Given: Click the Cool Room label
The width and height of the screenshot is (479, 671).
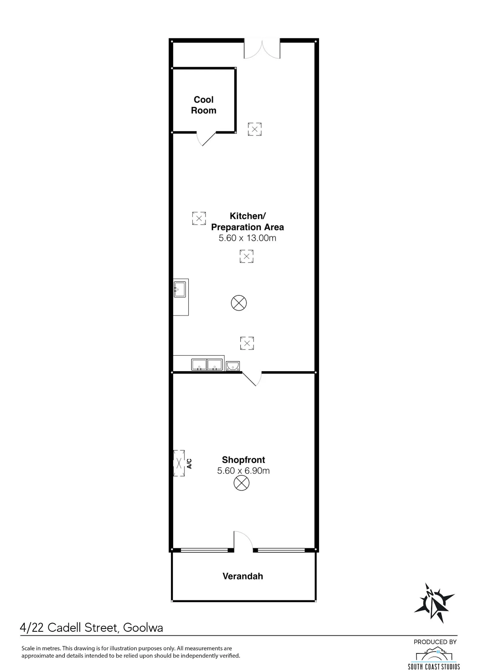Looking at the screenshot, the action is tap(204, 105).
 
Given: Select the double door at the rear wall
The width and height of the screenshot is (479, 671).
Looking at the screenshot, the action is tap(262, 50).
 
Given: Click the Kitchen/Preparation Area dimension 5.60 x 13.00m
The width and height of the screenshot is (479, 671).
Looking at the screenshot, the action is tap(247, 238).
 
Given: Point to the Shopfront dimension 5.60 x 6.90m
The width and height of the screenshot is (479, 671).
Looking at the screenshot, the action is tap(243, 471).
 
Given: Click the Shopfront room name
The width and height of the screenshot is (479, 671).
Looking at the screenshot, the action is tap(243, 460).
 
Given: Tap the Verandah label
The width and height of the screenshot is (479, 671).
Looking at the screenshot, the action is tap(243, 576).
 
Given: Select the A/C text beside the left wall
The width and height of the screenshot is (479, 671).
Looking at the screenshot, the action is tap(189, 464).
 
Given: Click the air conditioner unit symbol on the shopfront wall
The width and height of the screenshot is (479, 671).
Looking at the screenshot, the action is tap(179, 463).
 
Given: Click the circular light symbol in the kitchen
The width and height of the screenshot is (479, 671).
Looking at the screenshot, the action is tap(239, 303).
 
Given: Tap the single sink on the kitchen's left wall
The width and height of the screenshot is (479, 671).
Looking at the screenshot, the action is tap(179, 289).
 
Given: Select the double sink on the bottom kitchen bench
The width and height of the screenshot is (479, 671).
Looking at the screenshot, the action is tap(207, 365).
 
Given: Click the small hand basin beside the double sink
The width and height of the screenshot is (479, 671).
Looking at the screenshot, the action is tap(233, 366).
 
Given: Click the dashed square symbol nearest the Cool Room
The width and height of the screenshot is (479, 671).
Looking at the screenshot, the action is tap(255, 129).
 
